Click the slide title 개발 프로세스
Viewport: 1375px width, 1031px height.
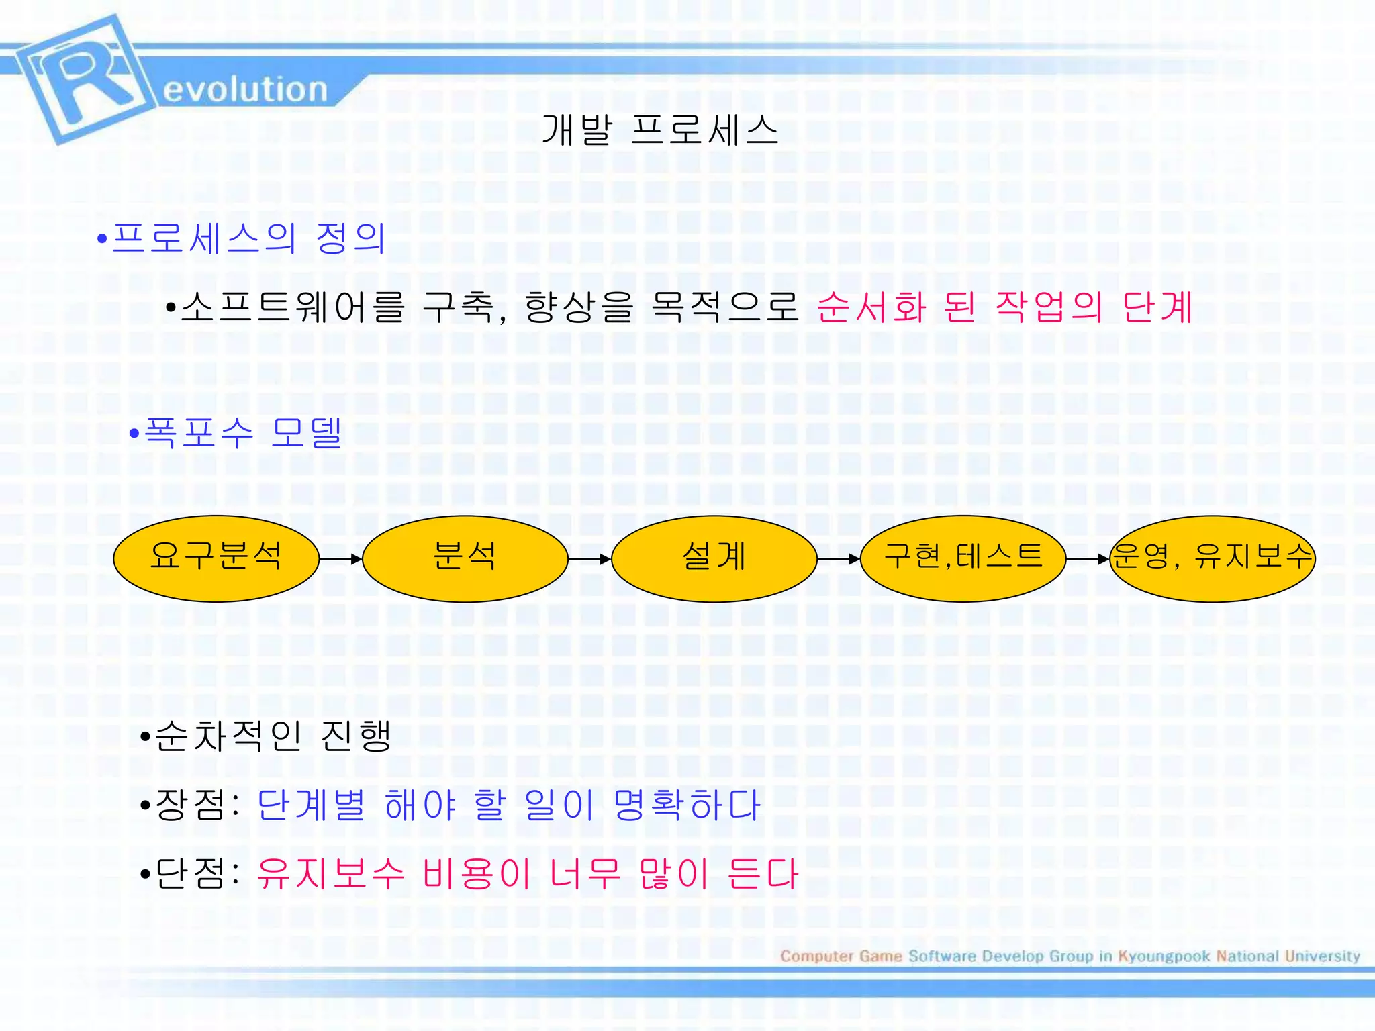659,130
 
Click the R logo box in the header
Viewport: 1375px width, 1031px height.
84,79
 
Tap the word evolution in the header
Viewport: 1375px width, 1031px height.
245,90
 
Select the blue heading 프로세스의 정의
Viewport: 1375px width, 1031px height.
248,238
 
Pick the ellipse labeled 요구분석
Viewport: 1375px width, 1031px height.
216,558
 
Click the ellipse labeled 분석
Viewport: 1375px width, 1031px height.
465,558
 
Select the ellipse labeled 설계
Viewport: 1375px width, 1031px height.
714,558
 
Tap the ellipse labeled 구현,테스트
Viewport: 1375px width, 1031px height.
963,558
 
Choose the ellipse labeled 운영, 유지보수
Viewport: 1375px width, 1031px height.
1212,558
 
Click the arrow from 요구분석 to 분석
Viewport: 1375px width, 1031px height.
341,559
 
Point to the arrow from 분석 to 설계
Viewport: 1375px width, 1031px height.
589,559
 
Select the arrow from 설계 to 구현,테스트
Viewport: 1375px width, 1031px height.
839,559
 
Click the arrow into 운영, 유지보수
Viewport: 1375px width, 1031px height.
1088,559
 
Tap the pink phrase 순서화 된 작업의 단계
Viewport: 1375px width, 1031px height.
1004,307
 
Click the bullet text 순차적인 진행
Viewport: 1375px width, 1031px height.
273,736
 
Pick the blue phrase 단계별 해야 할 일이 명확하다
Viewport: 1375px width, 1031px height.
508,805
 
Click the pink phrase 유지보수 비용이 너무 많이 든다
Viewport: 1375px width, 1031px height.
527,874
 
